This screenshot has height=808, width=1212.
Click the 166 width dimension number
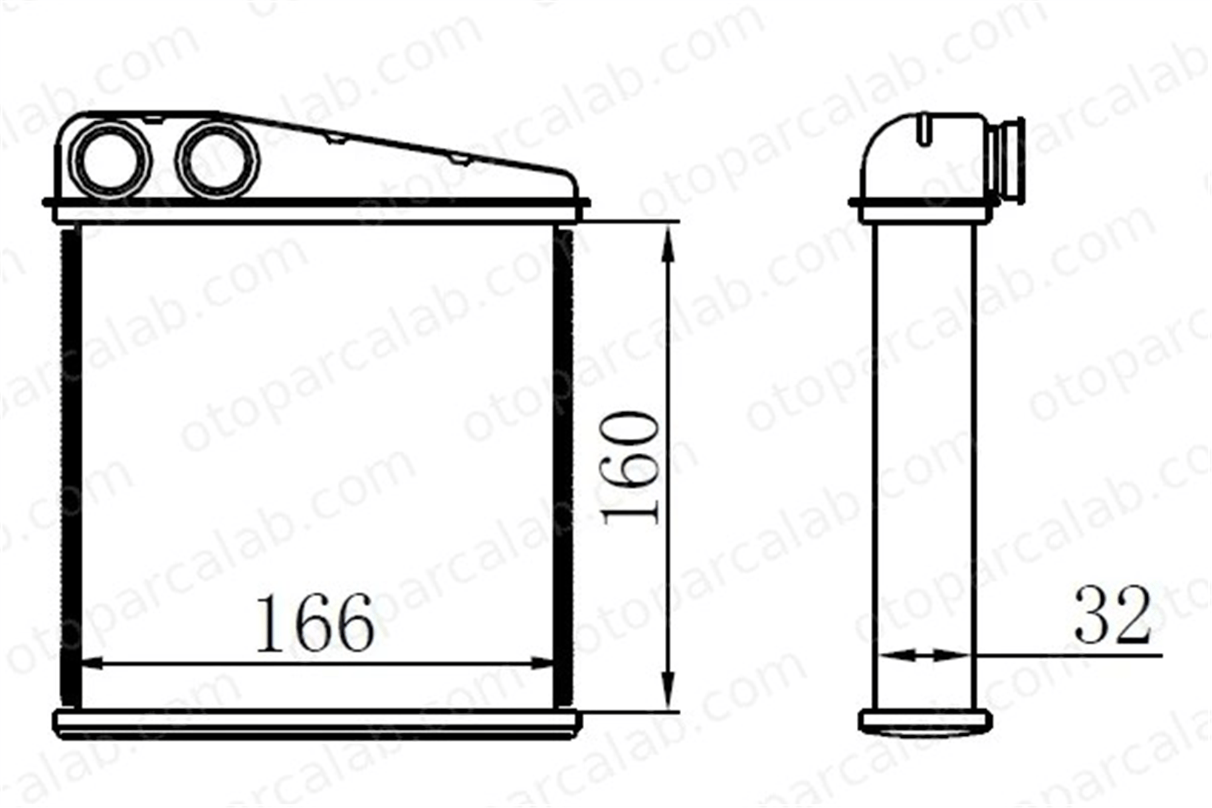point(315,623)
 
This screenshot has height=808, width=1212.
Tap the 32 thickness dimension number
point(1112,615)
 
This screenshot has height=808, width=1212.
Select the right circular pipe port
point(218,159)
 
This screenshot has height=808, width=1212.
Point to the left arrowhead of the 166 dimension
point(91,663)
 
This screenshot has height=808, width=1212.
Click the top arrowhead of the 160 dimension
point(668,242)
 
